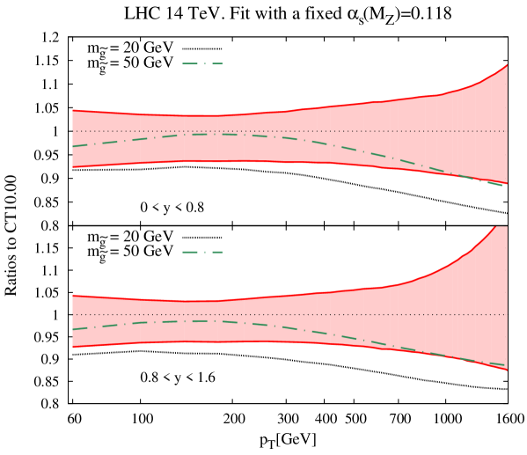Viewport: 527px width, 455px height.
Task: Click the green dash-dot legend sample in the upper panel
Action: tap(202, 63)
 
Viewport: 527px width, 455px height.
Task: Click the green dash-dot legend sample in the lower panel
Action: tap(202, 252)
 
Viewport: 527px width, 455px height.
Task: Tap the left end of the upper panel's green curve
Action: tap(72, 146)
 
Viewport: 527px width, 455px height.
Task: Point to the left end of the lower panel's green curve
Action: tap(72, 329)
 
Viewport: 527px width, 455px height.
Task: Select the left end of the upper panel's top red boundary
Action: tap(72, 110)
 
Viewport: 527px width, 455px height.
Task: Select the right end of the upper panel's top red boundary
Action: tap(508, 64)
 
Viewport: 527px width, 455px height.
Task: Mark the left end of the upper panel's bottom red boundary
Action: tap(72, 167)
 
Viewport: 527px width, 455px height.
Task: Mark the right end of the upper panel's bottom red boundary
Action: tap(508, 183)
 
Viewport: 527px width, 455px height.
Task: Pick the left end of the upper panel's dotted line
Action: tap(72, 131)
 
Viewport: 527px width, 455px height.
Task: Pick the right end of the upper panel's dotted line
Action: tap(508, 131)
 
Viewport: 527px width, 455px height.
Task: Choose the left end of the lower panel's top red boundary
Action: tap(72, 295)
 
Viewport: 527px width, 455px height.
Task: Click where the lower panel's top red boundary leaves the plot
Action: tap(495, 226)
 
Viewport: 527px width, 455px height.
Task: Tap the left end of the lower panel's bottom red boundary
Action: tap(72, 347)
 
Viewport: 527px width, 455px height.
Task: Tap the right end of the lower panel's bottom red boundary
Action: tap(508, 371)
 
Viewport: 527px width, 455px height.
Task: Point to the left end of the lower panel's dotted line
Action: tap(72, 314)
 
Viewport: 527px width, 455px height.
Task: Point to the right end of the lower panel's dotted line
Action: tap(508, 314)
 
